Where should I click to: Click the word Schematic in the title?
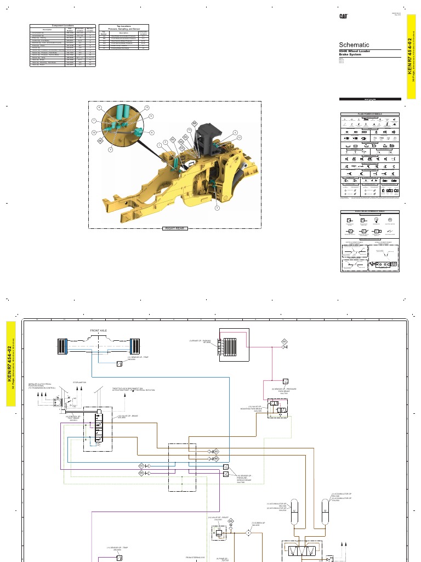[354, 45]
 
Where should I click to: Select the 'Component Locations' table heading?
[62, 26]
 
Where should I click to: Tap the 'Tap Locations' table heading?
[123, 27]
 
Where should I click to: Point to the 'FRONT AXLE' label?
[100, 331]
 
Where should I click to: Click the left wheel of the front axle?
[61, 347]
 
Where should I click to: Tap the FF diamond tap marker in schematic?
[285, 342]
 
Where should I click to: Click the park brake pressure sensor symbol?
[285, 381]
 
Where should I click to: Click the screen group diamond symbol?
[248, 532]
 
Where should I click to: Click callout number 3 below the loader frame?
[217, 208]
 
